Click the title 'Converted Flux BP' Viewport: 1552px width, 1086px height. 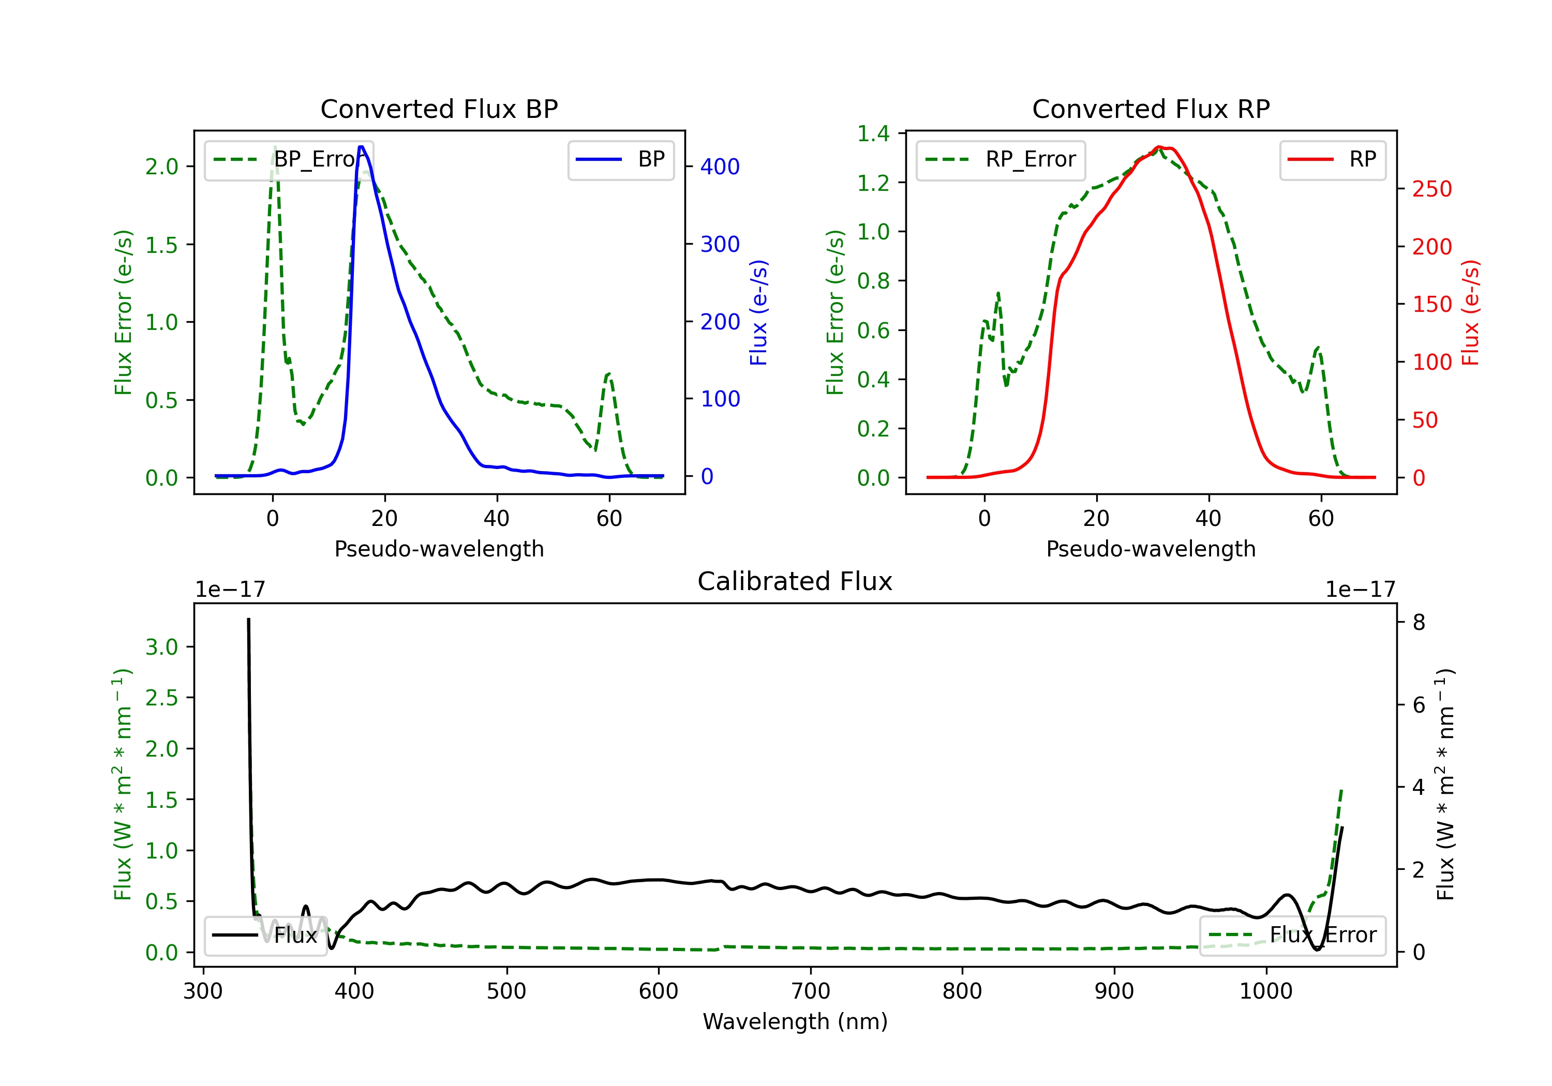pos(439,109)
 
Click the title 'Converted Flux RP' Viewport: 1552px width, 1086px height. pos(1151,109)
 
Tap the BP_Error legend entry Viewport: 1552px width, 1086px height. pos(289,159)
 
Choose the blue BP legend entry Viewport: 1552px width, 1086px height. pos(620,159)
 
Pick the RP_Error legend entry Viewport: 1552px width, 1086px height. pos(1001,159)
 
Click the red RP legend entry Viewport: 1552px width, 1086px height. pos(1332,159)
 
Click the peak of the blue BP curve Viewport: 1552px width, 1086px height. pos(361,147)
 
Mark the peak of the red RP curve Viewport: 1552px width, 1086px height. pos(1159,147)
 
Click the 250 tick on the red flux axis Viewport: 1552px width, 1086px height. pos(1431,189)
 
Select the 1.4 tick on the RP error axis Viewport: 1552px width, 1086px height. pos(873,134)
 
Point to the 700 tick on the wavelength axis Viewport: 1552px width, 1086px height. pos(811,991)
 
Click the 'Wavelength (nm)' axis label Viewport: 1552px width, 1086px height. pos(795,1021)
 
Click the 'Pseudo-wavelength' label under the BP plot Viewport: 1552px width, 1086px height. pos(439,549)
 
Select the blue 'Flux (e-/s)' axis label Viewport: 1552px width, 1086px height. pos(758,312)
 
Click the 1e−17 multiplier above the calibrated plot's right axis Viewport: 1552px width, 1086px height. pos(1360,590)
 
